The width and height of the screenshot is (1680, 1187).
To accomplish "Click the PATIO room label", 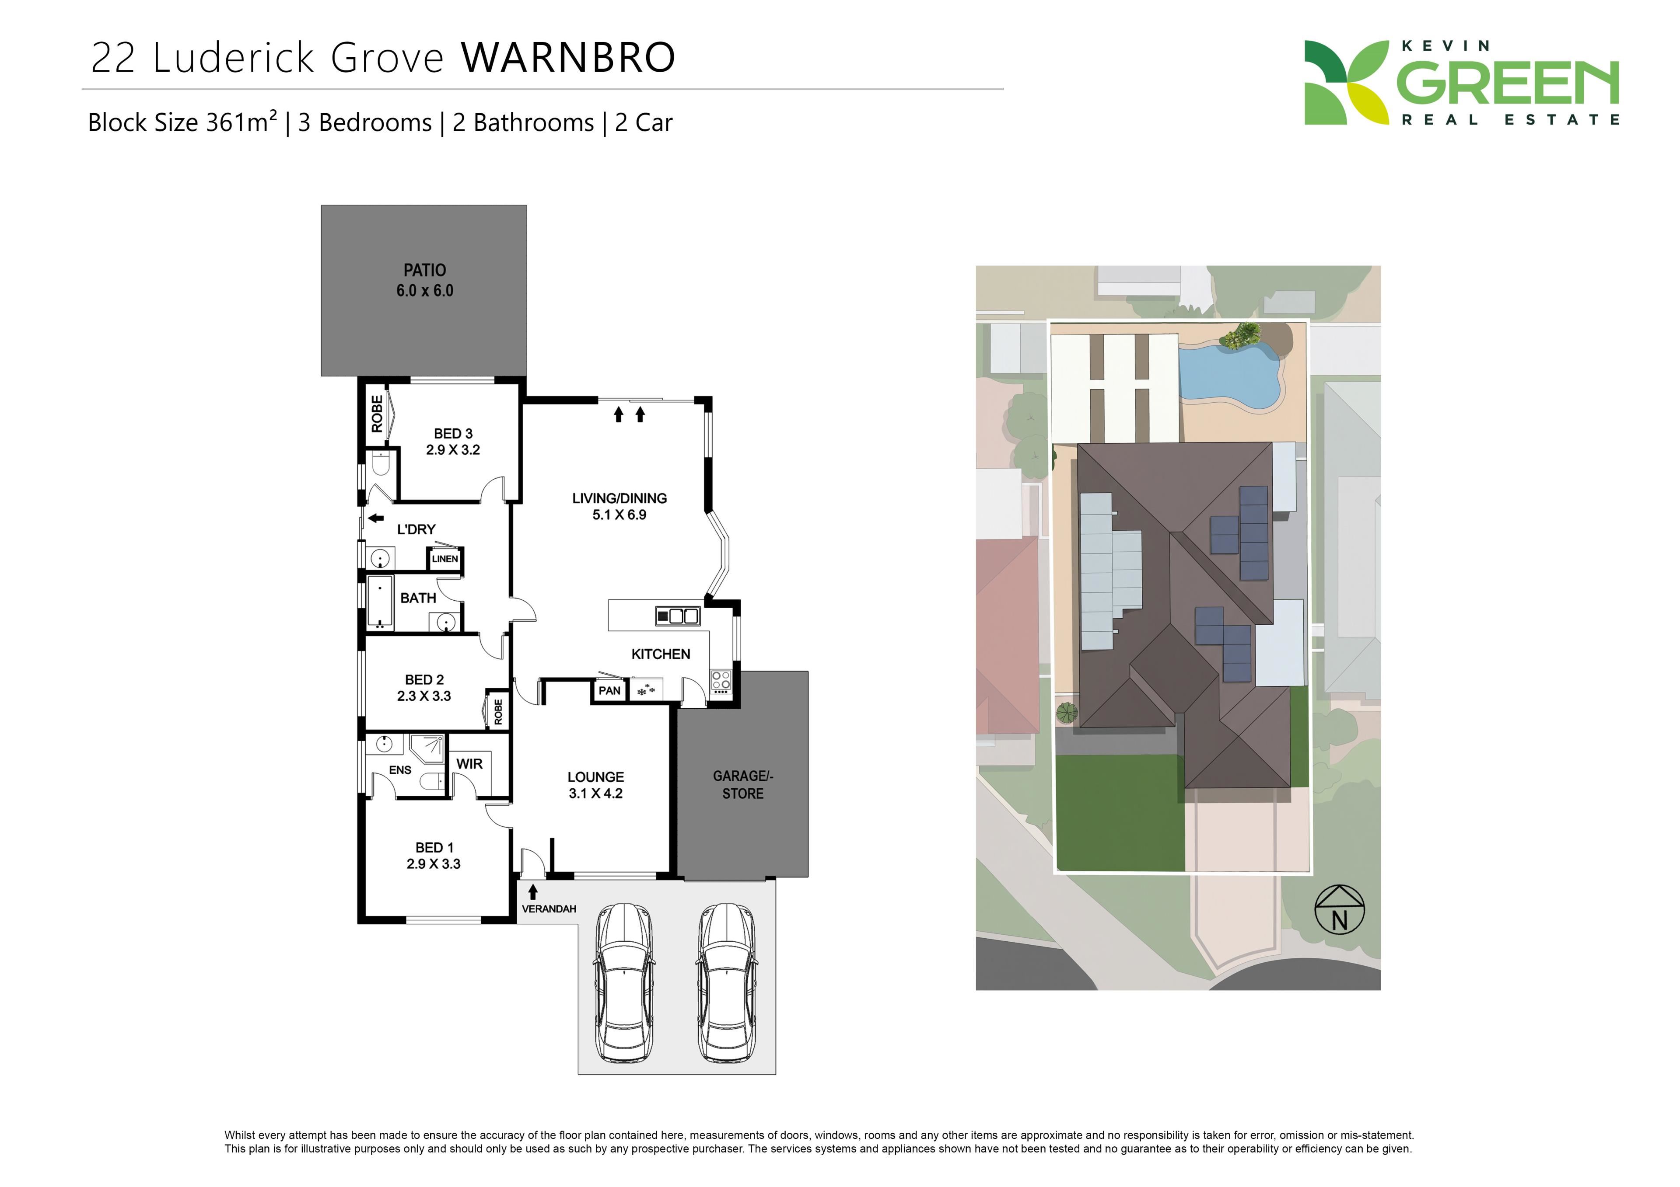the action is [x=424, y=270].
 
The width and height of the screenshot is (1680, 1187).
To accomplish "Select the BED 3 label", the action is [x=453, y=434].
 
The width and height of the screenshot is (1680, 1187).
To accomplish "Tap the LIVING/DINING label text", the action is [x=619, y=498].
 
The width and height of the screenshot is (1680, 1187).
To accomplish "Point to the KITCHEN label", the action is [x=660, y=654].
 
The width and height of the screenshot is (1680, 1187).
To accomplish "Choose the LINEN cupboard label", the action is [x=445, y=559].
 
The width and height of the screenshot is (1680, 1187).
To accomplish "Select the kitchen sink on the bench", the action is [x=678, y=616].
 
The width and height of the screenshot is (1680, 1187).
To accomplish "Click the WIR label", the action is [x=469, y=763].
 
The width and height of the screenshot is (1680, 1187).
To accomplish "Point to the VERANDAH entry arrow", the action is [x=533, y=891].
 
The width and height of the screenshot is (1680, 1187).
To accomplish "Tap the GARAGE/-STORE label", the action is [x=743, y=785].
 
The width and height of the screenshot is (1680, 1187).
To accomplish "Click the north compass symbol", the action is [x=1339, y=910].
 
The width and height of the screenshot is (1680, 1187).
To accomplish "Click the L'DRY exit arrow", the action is [x=375, y=519].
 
